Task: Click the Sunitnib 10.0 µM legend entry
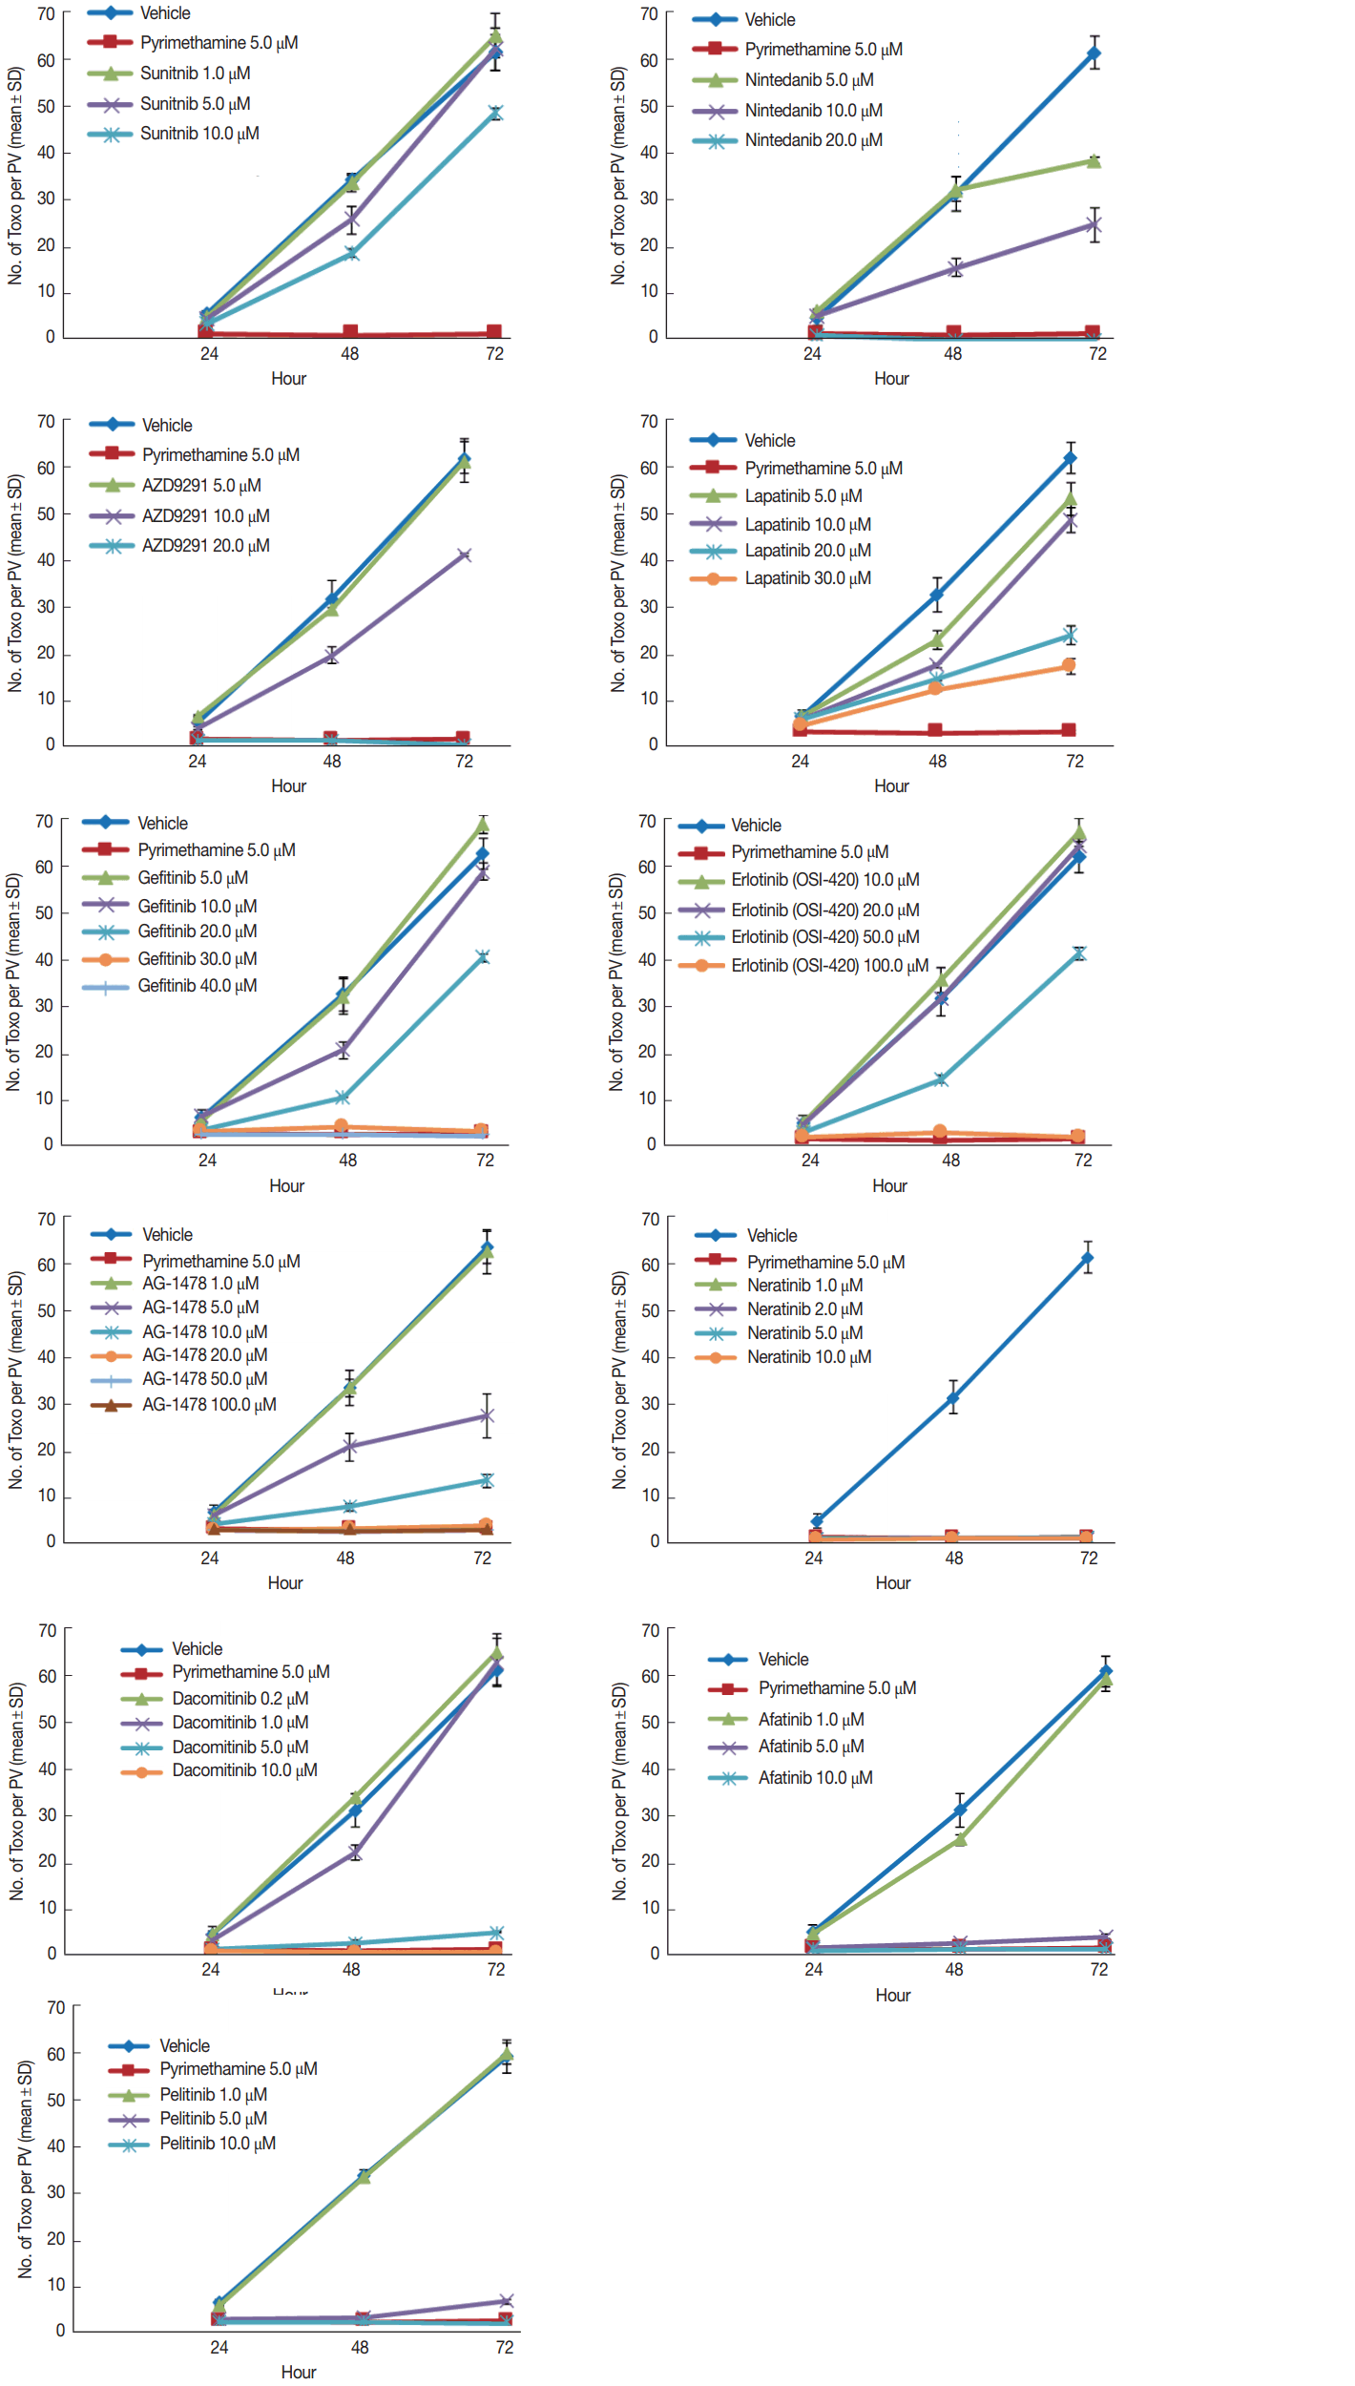pos(199,134)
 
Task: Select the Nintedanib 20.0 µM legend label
pos(813,140)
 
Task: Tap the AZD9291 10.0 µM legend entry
pos(205,516)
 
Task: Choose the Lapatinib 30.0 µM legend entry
pos(807,578)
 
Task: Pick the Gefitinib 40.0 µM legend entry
pos(197,986)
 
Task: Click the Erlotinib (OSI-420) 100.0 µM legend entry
pos(829,966)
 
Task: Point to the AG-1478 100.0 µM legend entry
pos(209,1405)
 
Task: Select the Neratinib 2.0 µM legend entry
pos(804,1309)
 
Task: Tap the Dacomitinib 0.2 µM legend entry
pos(240,1699)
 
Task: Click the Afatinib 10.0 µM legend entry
pos(815,1778)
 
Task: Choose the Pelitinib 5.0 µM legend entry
pos(213,2119)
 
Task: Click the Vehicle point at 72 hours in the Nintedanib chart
pos(1094,53)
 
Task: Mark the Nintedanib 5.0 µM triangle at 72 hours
pos(1094,161)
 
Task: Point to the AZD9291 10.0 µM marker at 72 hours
pos(464,555)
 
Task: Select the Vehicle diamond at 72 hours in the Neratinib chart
pos(1087,1259)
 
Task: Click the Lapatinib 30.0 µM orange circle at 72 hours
pos(1070,665)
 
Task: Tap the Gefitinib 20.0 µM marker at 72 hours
pos(483,957)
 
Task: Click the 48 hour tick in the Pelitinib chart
pos(360,2347)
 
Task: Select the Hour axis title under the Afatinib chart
pos(892,1996)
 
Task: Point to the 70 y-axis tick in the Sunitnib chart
pos(47,14)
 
